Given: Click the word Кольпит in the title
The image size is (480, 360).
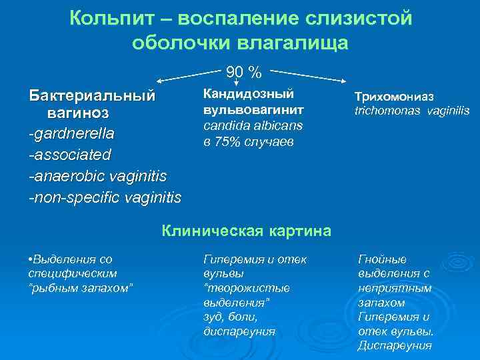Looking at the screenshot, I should (x=109, y=18).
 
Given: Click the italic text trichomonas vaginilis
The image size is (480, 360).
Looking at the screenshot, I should (x=412, y=111).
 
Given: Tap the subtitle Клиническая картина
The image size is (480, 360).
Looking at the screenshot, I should (x=247, y=231).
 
